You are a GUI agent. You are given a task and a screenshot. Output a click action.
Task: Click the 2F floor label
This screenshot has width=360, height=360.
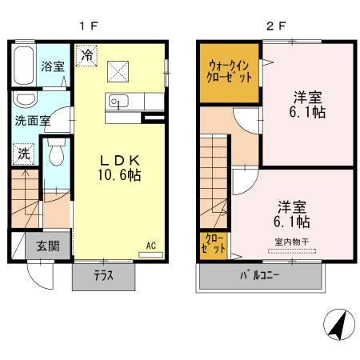[x=276, y=25]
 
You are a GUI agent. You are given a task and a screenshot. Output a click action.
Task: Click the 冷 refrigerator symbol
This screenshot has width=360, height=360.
[x=85, y=57]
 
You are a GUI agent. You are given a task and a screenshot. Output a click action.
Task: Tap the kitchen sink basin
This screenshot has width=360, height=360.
[x=119, y=102]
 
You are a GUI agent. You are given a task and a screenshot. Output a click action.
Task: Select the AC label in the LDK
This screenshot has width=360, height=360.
[x=150, y=246]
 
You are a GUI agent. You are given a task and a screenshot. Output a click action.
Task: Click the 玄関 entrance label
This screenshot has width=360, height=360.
[x=46, y=246]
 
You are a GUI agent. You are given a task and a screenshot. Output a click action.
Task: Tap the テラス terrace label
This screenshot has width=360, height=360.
[x=103, y=277]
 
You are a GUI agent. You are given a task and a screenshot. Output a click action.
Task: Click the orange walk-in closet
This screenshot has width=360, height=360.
[x=230, y=72]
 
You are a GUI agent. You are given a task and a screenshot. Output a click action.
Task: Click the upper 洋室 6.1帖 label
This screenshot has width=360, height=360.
[x=307, y=106]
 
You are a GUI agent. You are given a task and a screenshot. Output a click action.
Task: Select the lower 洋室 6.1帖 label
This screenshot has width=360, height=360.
[x=294, y=213]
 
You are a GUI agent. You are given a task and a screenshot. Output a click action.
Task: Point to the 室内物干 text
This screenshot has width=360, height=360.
[x=292, y=242]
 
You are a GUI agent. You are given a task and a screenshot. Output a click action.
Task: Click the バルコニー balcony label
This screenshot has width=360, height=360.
[x=261, y=278]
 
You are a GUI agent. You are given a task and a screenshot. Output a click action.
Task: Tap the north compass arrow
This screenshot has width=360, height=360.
[x=338, y=324]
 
